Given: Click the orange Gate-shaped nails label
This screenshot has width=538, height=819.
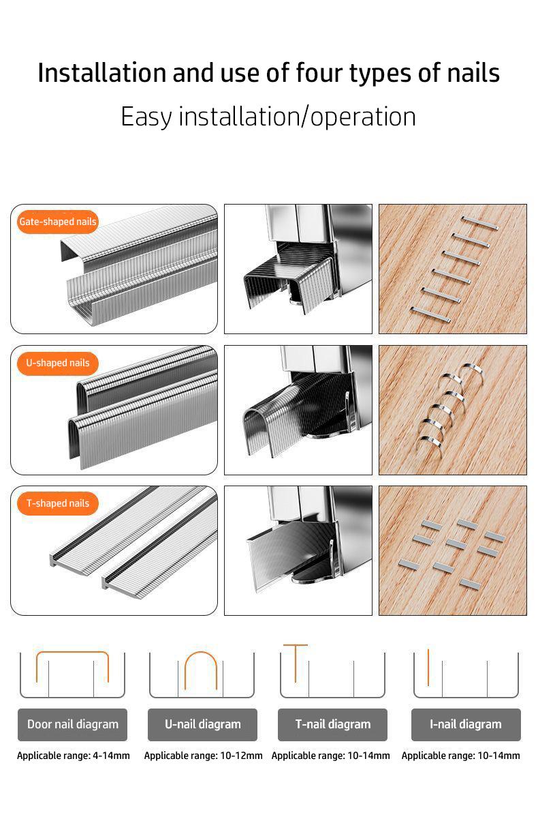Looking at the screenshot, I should pos(58,222).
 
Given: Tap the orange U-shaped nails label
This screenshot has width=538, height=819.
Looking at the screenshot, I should pos(58,363).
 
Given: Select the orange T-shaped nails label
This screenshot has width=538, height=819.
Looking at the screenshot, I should pos(58,503).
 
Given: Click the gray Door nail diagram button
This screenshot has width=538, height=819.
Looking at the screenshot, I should pos(72,724).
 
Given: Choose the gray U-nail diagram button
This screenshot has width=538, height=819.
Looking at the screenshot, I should pos(202,724).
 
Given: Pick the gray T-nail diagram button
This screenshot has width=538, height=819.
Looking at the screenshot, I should pos(332,724).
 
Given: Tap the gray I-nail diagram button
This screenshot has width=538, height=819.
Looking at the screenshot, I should pos(466,724).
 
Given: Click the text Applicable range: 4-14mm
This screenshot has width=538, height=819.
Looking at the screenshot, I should pos(73,756).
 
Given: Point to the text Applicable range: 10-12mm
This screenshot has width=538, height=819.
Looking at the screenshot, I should pos(203,756).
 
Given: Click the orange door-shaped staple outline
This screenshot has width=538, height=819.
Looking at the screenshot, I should pos(72,653).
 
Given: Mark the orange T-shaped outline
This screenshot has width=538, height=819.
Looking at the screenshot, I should pos(296,646).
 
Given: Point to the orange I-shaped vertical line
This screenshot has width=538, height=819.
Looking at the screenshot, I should pos(428,667).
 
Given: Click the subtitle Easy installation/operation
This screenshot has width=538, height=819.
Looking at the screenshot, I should pos(268,117).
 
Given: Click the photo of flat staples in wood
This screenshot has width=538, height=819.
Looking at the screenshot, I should pos(452,269).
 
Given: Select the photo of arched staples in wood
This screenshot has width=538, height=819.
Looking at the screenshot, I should pos(452,410).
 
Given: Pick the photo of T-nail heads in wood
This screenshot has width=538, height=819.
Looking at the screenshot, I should pos(452,550).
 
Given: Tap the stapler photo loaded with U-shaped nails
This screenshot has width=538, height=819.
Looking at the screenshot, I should pos(298,410).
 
